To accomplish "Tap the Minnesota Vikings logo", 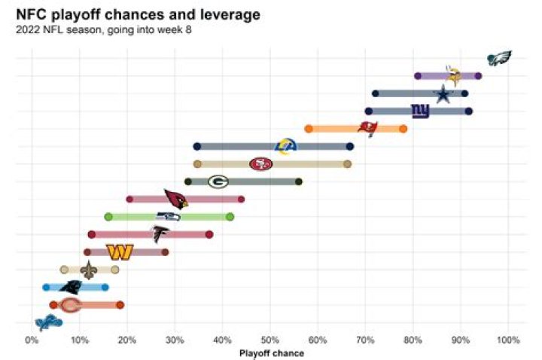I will point(454,75).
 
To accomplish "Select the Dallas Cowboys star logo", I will point(443,94).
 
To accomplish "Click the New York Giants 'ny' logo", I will point(420,111).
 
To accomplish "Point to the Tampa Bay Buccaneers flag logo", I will point(367,129).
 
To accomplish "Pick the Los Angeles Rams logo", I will point(286,146).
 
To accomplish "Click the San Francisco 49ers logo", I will point(261,163).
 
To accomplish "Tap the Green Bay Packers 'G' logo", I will point(218,182).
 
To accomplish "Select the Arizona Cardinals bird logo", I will point(175,199).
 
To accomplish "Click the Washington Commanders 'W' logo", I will point(120,252).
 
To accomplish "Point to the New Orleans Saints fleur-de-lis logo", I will point(89,270).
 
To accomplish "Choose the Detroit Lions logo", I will point(49,322).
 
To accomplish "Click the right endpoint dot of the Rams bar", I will point(350,146).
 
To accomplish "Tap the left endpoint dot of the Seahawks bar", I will point(108,217).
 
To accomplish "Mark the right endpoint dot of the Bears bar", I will point(120,305).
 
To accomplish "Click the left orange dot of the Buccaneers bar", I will point(309,129).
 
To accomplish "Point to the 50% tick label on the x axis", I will point(269,340).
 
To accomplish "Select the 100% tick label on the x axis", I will point(508,340).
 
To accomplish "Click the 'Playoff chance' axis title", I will point(271,352).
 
